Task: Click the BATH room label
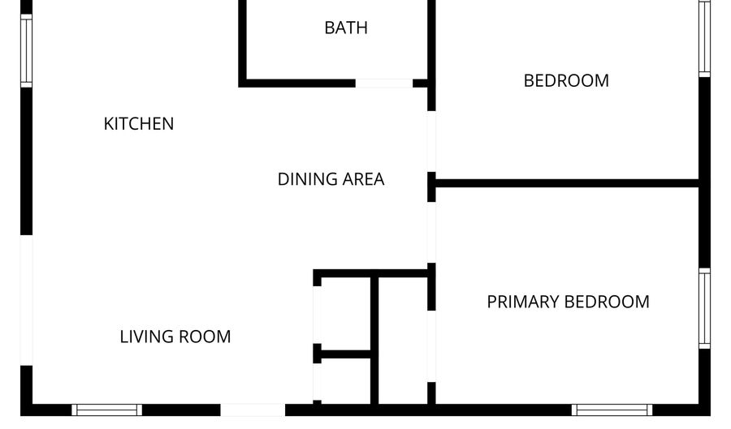tap(346, 28)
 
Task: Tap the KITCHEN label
tap(138, 124)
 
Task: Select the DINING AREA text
tap(331, 179)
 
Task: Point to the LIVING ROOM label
tap(175, 337)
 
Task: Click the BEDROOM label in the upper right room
tap(566, 80)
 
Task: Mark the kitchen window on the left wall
tap(27, 50)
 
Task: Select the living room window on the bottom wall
tap(106, 410)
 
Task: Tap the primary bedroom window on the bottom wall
tap(612, 410)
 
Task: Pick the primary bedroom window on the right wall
tap(704, 308)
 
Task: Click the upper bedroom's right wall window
tap(704, 38)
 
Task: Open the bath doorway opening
tap(384, 84)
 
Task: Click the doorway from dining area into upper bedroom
tap(432, 141)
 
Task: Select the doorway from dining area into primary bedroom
tap(432, 232)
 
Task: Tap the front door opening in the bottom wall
tap(253, 410)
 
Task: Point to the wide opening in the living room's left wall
tap(27, 300)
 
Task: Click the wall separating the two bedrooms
tap(567, 182)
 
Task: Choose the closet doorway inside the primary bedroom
tap(432, 346)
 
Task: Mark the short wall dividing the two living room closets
tap(345, 354)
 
